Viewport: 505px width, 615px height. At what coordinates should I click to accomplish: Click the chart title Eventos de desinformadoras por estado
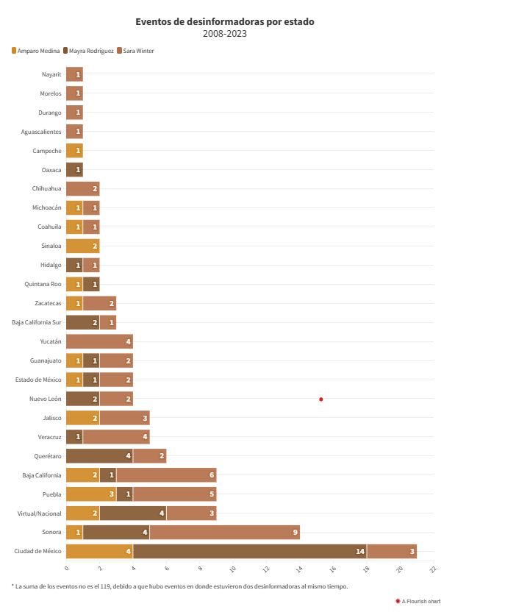coord(224,22)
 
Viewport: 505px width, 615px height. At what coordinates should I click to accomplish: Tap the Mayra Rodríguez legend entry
coord(90,51)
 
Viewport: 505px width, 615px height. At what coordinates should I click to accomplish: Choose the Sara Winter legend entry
coord(137,51)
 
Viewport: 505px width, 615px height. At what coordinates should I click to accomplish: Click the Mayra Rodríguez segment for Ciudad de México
coord(250,551)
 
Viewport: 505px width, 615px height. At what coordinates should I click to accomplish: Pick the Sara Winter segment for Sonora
coord(224,532)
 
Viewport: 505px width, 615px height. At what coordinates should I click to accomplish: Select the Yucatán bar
coord(99,341)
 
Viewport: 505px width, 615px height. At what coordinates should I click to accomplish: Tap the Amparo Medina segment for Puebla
coord(91,494)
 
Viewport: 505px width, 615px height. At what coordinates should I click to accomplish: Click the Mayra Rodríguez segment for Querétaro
coord(99,456)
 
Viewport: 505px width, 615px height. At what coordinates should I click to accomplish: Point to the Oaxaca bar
coord(74,169)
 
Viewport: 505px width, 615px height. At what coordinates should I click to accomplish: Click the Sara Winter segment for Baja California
coord(166,475)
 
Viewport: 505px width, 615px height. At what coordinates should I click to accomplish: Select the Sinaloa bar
coord(82,246)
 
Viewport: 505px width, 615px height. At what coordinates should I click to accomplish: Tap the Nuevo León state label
coord(45,399)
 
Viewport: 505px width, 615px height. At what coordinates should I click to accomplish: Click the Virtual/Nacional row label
coord(40,513)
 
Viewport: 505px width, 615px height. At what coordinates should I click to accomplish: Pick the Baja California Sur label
coord(37,322)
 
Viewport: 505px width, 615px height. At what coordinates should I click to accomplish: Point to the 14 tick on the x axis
coord(300,569)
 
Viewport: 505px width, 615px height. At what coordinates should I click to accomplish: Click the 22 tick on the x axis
coord(433,569)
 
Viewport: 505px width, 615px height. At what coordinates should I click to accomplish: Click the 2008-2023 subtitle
coord(224,34)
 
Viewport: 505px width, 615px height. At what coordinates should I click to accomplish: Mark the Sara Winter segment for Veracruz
coord(116,437)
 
